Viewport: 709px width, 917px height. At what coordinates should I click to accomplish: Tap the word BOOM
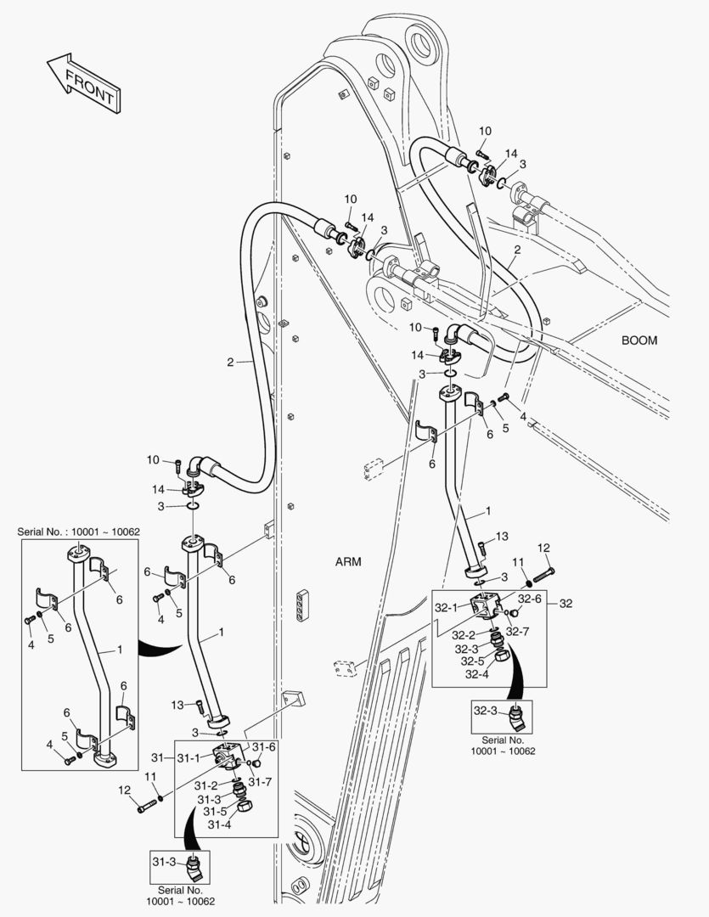[x=639, y=340]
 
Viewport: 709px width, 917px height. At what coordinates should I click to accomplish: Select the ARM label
[x=348, y=561]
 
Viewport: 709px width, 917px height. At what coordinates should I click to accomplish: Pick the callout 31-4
[x=221, y=824]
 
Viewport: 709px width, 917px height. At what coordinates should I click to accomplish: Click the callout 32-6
[x=530, y=599]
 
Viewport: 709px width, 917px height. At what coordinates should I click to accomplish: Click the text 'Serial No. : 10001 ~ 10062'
[x=78, y=532]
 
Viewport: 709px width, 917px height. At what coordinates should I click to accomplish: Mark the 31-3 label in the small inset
[x=165, y=862]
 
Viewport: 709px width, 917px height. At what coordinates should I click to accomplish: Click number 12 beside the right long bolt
[x=543, y=548]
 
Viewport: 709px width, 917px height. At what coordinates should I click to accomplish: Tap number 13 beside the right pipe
[x=502, y=536]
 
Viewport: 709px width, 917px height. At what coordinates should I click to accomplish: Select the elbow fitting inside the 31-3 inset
[x=194, y=867]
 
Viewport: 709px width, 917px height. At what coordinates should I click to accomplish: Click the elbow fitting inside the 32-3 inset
[x=516, y=717]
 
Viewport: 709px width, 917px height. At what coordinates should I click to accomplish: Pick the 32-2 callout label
[x=464, y=634]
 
